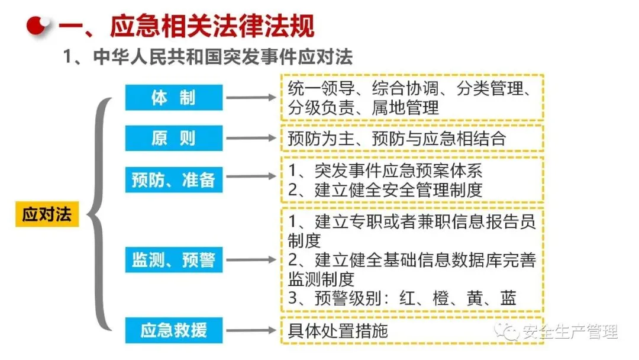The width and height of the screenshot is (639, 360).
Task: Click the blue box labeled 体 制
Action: coord(173,98)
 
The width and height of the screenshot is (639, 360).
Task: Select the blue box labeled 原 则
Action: coord(173,139)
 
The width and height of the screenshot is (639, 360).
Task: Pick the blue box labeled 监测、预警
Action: coord(173,260)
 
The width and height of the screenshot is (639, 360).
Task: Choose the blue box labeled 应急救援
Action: coord(173,330)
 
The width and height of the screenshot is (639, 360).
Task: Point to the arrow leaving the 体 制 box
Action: coord(252,98)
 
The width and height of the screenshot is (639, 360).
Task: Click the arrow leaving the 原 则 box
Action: coord(252,139)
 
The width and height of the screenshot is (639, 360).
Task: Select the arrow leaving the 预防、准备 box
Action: coord(252,178)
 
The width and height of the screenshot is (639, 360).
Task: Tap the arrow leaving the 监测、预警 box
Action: coord(252,260)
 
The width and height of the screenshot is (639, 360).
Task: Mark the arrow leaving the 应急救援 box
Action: coord(252,330)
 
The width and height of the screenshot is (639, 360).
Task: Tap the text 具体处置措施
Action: coord(338,330)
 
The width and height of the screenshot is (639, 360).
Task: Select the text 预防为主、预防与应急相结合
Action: coord(397,139)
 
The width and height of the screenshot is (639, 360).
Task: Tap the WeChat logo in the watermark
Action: coord(509,330)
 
